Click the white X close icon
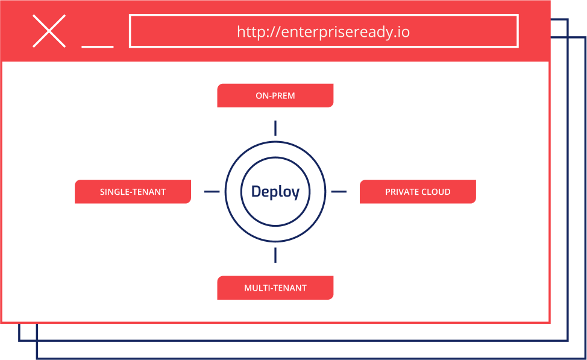pos(49,31)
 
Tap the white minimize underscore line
pos(98,47)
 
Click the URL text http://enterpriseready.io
pos(324,32)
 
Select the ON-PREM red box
pos(275,95)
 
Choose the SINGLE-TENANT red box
pos(133,192)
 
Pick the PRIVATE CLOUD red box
pos(418,192)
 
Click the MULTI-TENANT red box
pos(275,288)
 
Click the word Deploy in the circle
pos(275,192)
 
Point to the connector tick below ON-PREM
pos(275,128)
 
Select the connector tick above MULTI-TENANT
pos(275,255)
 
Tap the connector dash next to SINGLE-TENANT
pos(212,192)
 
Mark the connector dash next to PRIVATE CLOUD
pos(339,192)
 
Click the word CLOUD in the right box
pos(436,192)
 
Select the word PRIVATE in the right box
pos(402,192)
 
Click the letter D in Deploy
pos(256,191)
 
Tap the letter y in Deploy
pos(295,194)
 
